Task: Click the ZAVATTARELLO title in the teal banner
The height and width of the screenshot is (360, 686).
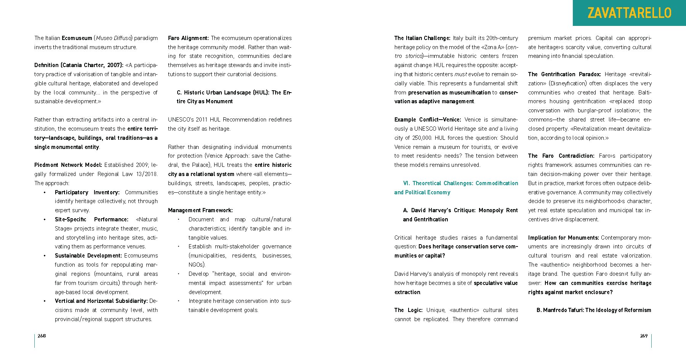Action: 629,13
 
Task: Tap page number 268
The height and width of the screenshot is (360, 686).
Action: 42,336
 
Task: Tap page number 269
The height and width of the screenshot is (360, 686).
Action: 644,336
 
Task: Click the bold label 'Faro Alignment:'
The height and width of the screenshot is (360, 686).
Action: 188,38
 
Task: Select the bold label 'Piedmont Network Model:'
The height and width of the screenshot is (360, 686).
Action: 68,165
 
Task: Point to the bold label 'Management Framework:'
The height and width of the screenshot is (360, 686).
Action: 200,210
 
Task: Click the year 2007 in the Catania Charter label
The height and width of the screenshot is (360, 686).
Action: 114,65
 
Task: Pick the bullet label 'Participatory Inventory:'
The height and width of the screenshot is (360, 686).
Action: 87,192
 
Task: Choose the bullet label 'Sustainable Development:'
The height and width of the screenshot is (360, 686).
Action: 88,256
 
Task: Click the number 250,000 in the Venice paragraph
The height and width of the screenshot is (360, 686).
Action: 422,138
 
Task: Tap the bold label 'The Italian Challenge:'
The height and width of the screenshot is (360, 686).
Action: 422,38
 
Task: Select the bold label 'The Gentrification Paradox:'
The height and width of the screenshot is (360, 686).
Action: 564,74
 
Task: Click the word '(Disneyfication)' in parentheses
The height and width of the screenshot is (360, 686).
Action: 569,83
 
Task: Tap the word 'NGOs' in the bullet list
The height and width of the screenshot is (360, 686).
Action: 196,265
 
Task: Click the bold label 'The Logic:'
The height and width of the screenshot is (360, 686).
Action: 408,310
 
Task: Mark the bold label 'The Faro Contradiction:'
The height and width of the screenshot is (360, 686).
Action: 561,156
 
